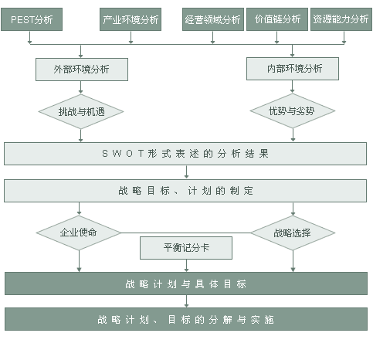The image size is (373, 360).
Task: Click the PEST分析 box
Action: [x=32, y=19]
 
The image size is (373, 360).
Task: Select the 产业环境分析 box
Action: [x=131, y=19]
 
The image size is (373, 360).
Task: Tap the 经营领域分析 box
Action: [x=213, y=19]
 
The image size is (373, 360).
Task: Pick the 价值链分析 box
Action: [x=277, y=19]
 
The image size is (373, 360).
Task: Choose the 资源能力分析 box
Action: [x=341, y=19]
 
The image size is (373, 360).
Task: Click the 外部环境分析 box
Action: [x=82, y=70]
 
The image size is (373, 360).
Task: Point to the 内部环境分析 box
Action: [x=293, y=69]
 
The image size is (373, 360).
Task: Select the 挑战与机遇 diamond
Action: [x=81, y=111]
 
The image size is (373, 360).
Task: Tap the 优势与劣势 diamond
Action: [x=293, y=110]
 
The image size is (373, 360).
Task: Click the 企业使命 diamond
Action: [x=79, y=233]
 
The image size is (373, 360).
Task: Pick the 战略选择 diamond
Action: [x=293, y=233]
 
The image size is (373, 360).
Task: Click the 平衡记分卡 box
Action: [x=186, y=248]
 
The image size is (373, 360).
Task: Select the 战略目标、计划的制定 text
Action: [x=185, y=191]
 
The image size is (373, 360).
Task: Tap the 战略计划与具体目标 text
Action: [x=186, y=284]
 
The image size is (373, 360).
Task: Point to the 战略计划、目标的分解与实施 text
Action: [x=185, y=320]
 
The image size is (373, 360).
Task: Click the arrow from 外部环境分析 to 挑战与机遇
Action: [x=81, y=87]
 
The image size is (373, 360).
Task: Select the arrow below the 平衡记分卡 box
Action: [x=186, y=266]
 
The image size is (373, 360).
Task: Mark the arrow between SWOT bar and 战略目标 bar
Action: [x=186, y=172]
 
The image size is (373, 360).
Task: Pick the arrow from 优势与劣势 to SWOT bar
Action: [x=293, y=134]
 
